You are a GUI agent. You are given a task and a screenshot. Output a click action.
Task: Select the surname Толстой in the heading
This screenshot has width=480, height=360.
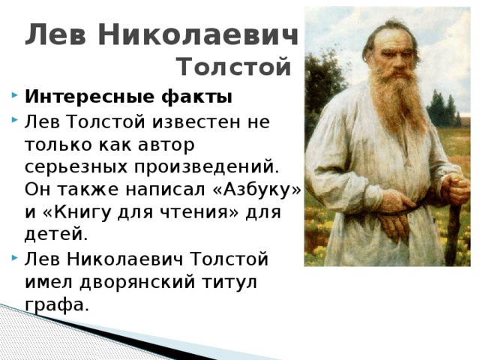pyautogui.click(x=234, y=67)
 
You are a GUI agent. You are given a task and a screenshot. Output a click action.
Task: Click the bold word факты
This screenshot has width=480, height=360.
pyautogui.click(x=196, y=97)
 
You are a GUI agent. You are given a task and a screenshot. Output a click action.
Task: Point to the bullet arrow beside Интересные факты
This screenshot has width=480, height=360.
pyautogui.click(x=15, y=95)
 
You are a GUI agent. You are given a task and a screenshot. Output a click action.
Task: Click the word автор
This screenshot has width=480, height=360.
pyautogui.click(x=166, y=145)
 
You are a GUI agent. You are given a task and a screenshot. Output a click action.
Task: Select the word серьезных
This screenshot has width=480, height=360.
pyautogui.click(x=76, y=168)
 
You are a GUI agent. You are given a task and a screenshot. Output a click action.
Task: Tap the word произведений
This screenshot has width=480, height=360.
pyautogui.click(x=207, y=168)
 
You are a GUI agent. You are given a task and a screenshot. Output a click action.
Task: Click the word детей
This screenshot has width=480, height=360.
pyautogui.click(x=56, y=235)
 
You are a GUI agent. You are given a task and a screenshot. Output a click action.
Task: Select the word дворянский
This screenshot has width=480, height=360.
pyautogui.click(x=137, y=282)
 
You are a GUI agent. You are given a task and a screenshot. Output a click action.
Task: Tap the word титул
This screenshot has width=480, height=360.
pyautogui.click(x=229, y=282)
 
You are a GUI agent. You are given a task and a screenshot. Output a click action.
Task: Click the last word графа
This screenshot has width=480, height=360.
pyautogui.click(x=57, y=304)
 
